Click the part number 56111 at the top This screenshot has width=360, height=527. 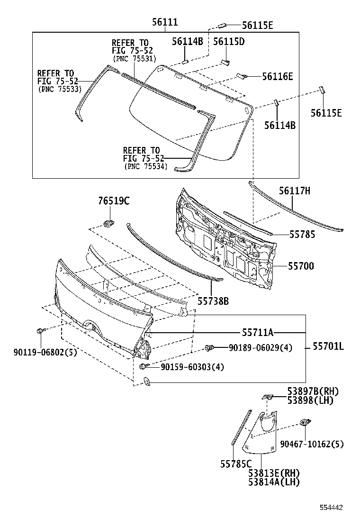click(x=165, y=22)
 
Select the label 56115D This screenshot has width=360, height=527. click(x=228, y=42)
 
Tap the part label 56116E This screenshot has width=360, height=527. click(x=277, y=76)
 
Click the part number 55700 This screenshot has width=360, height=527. click(x=301, y=266)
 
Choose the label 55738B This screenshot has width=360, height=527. click(x=213, y=300)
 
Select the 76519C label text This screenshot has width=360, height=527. click(x=114, y=201)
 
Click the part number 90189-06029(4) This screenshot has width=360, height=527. click(x=261, y=348)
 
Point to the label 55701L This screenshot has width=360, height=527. click(x=328, y=347)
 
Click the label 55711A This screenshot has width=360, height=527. click(x=258, y=332)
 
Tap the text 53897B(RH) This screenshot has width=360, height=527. click(x=313, y=391)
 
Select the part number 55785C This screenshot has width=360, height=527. click(x=235, y=465)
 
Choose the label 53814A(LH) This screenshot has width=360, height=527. click(x=274, y=482)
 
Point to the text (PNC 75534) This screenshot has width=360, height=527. click(x=146, y=166)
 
